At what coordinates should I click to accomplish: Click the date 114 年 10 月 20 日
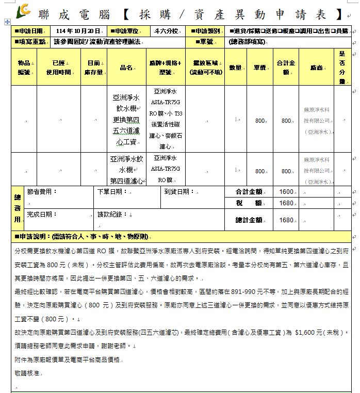(78, 31)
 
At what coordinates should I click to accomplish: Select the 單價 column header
(259, 68)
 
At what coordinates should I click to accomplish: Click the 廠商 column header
(317, 68)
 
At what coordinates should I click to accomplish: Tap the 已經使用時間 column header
(58, 68)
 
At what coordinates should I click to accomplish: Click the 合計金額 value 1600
(286, 192)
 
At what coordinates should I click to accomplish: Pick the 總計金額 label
(249, 220)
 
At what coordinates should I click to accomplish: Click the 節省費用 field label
(42, 191)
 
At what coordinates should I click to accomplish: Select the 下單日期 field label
(112, 191)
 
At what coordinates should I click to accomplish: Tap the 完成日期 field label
(42, 214)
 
